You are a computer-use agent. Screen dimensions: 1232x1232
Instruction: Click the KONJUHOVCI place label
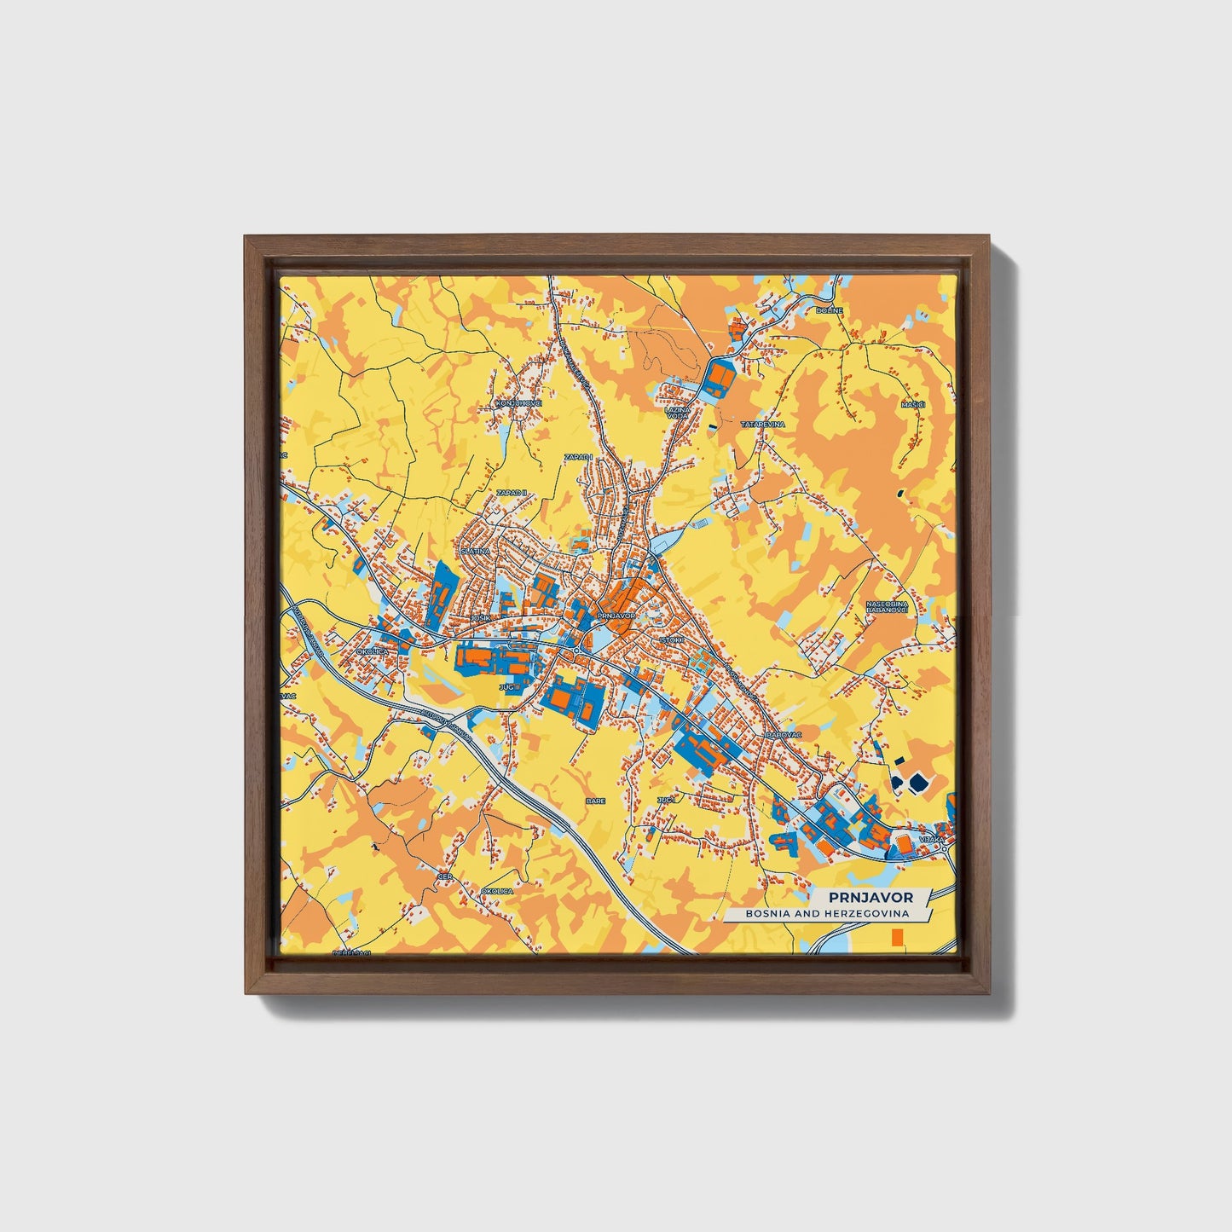pos(518,402)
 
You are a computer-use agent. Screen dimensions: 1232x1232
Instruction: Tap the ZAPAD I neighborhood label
pos(578,458)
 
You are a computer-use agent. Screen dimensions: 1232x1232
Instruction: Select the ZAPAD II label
pos(513,493)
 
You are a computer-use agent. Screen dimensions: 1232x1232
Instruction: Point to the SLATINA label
pos(476,552)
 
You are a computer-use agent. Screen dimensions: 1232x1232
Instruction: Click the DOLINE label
pos(829,310)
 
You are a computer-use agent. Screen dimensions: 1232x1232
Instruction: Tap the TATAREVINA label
pos(762,424)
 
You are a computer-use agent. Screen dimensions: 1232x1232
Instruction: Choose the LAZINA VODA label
pos(677,413)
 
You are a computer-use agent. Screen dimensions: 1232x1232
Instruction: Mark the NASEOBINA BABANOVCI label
pos(886,606)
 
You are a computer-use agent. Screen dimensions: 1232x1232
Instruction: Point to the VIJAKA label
pos(932,840)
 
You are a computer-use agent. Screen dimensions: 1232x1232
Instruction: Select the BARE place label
pos(594,801)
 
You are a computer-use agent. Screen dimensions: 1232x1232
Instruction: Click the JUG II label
pos(509,685)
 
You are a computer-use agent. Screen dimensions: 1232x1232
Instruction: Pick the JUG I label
pos(666,800)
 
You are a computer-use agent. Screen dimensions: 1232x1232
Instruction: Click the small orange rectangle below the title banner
pos(896,938)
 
